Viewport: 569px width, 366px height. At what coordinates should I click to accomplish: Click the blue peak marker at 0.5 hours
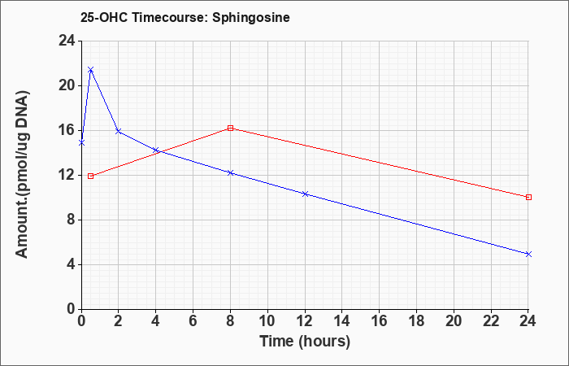coord(91,69)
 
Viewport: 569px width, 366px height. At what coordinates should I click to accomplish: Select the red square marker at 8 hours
coord(230,128)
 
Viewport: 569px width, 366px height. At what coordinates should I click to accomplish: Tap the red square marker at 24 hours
coord(528,197)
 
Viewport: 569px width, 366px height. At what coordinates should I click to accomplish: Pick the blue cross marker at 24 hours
coord(528,254)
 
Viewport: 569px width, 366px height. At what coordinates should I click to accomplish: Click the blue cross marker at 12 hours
coord(305,194)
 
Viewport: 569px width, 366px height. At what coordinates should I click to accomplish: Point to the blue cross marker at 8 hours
coord(230,172)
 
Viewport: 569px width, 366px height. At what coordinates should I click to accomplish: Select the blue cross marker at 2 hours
coord(119,131)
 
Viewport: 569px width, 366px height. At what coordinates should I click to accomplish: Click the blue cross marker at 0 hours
coord(81,142)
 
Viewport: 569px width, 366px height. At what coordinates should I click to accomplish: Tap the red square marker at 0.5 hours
coord(91,176)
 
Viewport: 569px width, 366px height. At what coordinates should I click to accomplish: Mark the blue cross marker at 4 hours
coord(156,150)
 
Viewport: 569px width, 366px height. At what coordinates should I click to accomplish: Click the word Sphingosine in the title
coord(251,18)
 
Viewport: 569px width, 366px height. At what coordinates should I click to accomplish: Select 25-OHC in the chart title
coord(104,17)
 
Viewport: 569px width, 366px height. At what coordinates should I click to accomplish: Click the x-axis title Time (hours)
coord(305,342)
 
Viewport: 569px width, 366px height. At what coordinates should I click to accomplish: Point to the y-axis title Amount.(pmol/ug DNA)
coord(23,174)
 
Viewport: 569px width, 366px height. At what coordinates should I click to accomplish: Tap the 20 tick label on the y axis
coord(67,85)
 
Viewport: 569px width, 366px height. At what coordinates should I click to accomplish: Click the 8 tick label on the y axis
coord(72,220)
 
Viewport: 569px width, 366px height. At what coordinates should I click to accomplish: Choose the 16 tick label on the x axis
coord(380,321)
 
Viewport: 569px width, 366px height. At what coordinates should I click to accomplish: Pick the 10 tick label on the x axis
coord(267,321)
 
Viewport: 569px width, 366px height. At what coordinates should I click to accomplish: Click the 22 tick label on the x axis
coord(491,321)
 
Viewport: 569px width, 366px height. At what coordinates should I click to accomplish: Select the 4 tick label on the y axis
coord(72,264)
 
